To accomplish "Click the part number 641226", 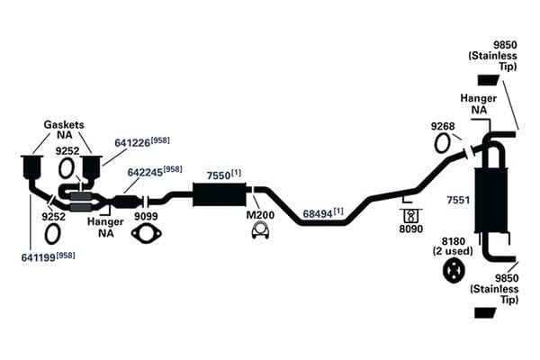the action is (132, 142).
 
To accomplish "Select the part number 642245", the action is (145, 172).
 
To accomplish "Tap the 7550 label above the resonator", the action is (219, 175).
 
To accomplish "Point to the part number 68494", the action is (317, 214).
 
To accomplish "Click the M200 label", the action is (260, 215).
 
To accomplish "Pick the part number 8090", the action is (411, 229).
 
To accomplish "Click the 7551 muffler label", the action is (458, 200).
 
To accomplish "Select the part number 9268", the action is (443, 126).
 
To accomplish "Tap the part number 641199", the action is (38, 257).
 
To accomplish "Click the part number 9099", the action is (146, 216).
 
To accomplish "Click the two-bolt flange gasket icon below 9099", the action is (147, 233).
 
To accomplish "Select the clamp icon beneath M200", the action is (260, 230).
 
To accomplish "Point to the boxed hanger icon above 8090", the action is (411, 216).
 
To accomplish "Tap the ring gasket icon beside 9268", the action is (442, 143).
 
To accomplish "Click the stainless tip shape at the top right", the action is (489, 80).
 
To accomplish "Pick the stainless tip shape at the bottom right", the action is (485, 313).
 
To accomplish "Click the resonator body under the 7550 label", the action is (220, 194).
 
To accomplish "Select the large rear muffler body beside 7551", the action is (491, 201).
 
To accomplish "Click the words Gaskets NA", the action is (64, 130).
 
